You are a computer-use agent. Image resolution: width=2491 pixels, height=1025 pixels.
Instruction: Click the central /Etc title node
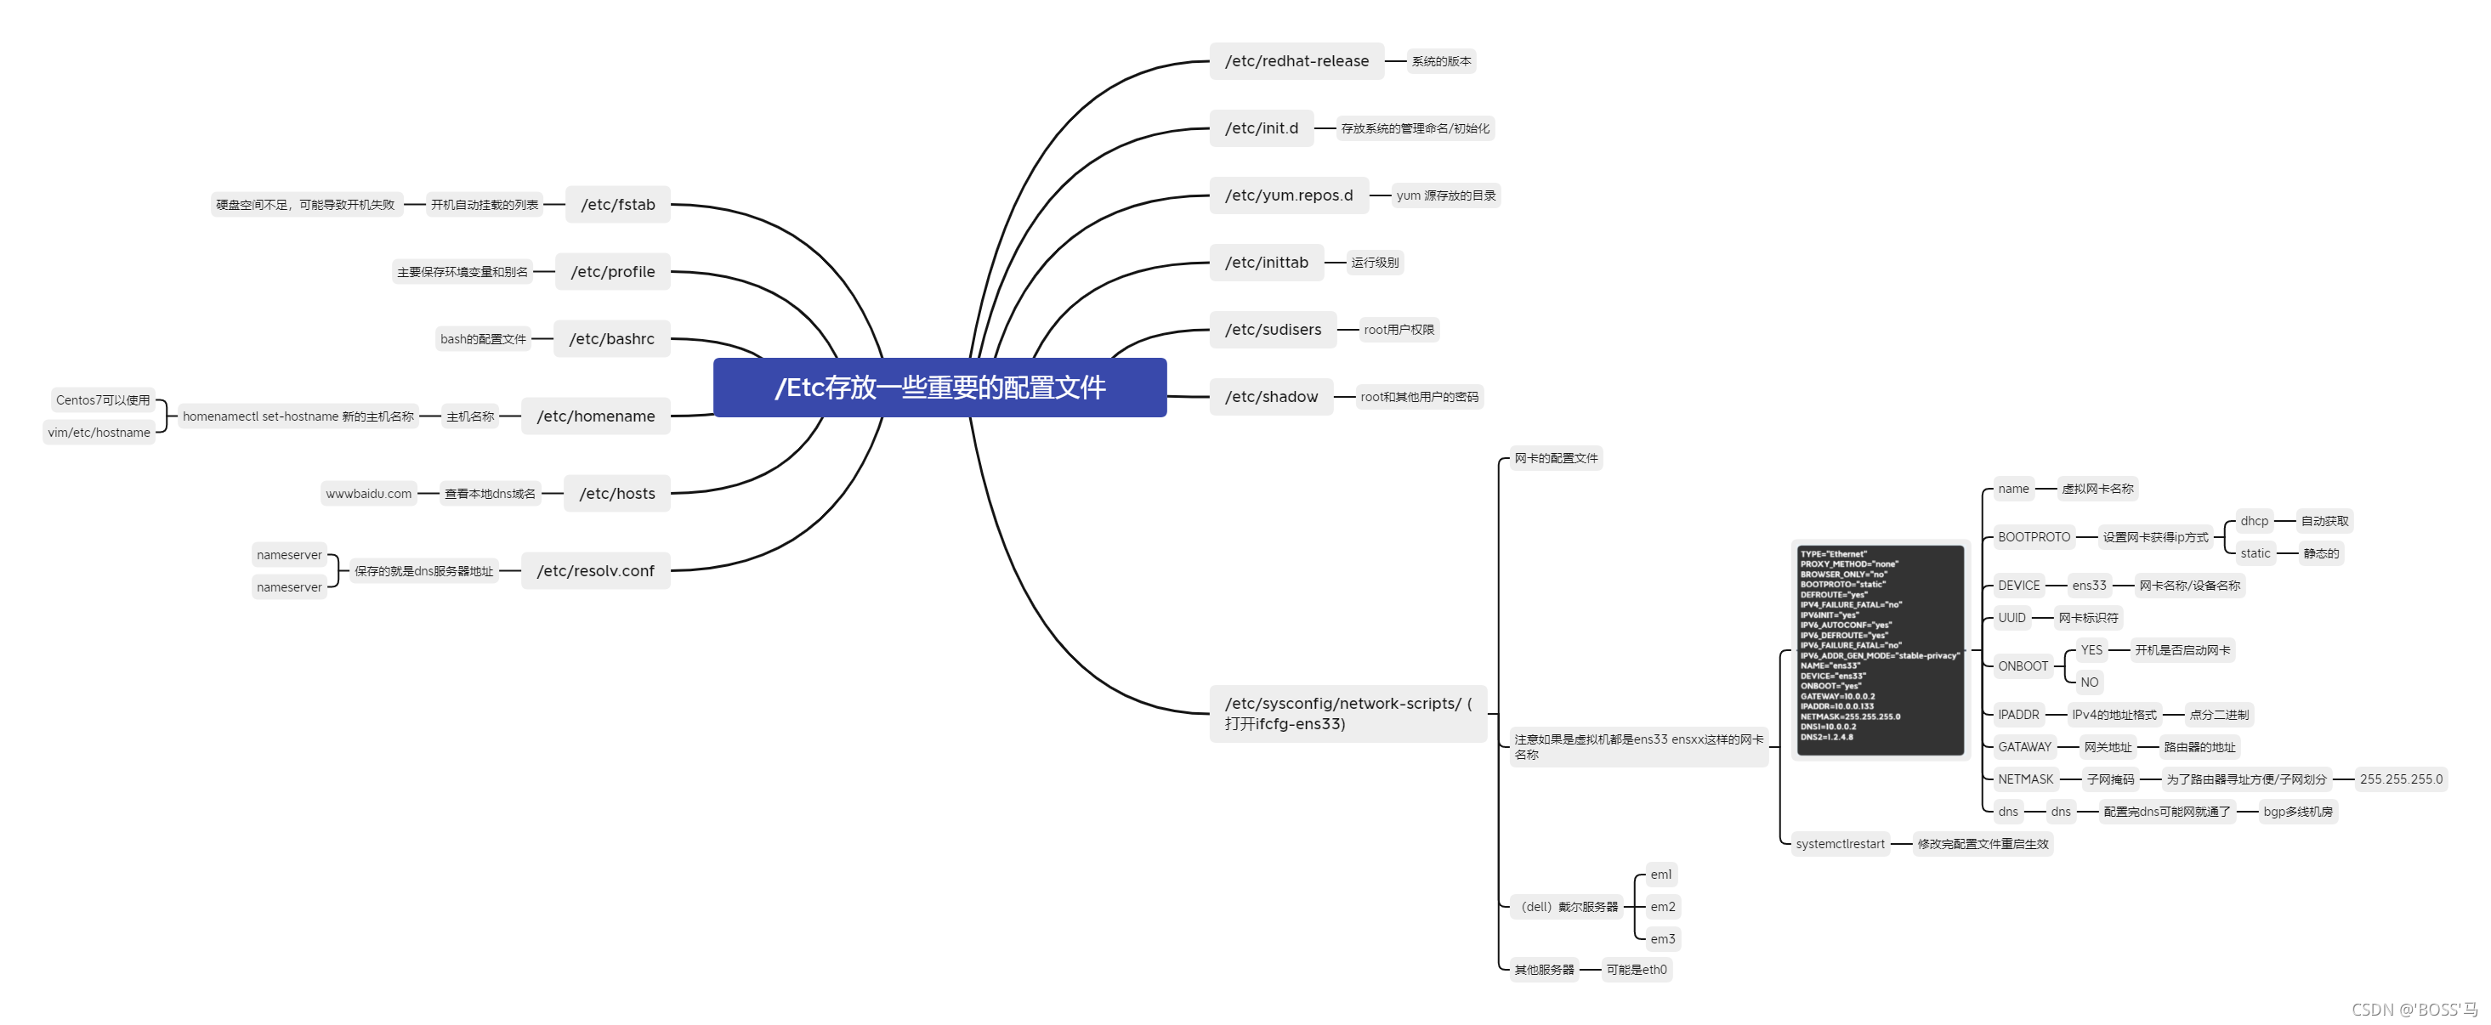pyautogui.click(x=939, y=388)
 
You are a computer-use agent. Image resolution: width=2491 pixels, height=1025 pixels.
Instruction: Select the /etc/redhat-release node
pyautogui.click(x=1296, y=61)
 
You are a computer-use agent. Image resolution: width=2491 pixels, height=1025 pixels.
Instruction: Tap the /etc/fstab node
pyautogui.click(x=618, y=204)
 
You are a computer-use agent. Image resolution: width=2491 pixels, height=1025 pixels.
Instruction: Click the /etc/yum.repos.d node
pyautogui.click(x=1288, y=195)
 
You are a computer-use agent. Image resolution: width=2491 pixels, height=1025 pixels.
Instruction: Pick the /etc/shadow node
pyautogui.click(x=1271, y=396)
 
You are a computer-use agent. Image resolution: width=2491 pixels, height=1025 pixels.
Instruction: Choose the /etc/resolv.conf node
pyautogui.click(x=596, y=570)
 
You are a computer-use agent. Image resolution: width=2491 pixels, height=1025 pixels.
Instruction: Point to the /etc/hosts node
pyautogui.click(x=617, y=493)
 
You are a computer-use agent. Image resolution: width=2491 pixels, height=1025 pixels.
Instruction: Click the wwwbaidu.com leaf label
pyautogui.click(x=368, y=493)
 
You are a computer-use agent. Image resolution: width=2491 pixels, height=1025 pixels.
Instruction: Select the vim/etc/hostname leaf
pyautogui.click(x=99, y=433)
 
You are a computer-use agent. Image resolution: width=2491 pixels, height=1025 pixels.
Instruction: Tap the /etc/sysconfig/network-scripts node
pyautogui.click(x=1347, y=714)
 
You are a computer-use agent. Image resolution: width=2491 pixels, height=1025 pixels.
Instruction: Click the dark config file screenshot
pyautogui.click(x=1880, y=648)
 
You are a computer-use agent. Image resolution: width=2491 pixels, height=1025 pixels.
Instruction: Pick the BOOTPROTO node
pyautogui.click(x=2034, y=536)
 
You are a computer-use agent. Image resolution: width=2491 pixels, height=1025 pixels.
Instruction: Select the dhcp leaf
pyautogui.click(x=2253, y=521)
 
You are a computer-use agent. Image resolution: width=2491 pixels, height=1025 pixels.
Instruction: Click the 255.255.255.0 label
pyautogui.click(x=2400, y=779)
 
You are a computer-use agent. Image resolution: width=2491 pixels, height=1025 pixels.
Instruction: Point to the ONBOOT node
pyautogui.click(x=2022, y=666)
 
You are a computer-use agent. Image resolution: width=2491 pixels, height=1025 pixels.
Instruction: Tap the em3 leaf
pyautogui.click(x=1662, y=939)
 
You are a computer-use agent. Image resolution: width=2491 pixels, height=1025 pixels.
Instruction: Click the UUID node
pyautogui.click(x=2012, y=618)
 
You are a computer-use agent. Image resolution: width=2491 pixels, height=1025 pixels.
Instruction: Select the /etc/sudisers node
pyautogui.click(x=1273, y=330)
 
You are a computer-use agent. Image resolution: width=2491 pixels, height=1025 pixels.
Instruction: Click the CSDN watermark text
pyautogui.click(x=2414, y=1010)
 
